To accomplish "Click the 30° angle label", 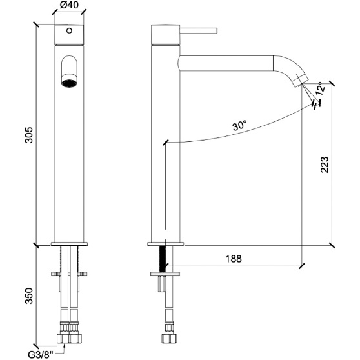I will point(239,127).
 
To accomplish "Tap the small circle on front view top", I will point(71,30).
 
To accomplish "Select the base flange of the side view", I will point(167,244).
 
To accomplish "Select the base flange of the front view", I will point(70,244).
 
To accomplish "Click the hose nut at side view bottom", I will point(167,337).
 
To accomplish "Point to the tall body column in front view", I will point(70,161).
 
